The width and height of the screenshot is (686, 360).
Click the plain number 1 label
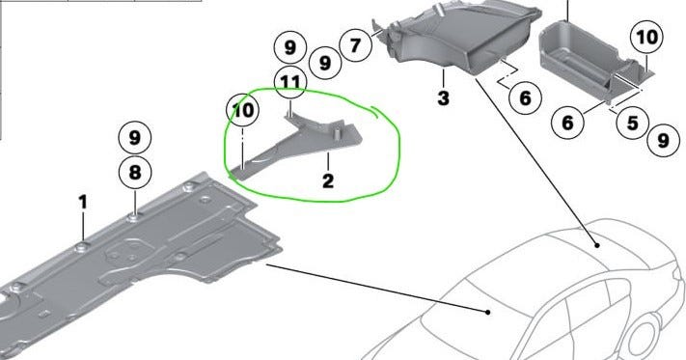coord(83,203)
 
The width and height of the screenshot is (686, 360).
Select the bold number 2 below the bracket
coord(328,181)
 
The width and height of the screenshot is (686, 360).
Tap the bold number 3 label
coord(443,98)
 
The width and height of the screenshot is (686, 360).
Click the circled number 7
coord(355,45)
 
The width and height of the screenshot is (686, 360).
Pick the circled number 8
coord(135,173)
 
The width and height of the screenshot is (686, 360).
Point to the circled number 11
coord(290,82)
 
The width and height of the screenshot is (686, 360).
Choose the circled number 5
coord(633,123)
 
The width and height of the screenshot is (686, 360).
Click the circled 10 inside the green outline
coord(243,110)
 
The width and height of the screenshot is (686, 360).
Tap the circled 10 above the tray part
coord(647,38)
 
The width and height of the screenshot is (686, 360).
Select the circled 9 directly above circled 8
coord(135,138)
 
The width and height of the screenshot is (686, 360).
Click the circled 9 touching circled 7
coord(325,63)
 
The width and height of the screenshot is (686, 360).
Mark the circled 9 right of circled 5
coord(663,140)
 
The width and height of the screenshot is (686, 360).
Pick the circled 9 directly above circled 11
coord(290,47)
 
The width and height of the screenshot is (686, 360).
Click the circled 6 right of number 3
coord(525,98)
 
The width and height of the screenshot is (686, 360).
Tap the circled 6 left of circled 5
coord(567,123)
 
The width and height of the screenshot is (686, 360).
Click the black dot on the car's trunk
coord(597,245)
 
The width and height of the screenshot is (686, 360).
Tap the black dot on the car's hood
coord(488,312)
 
